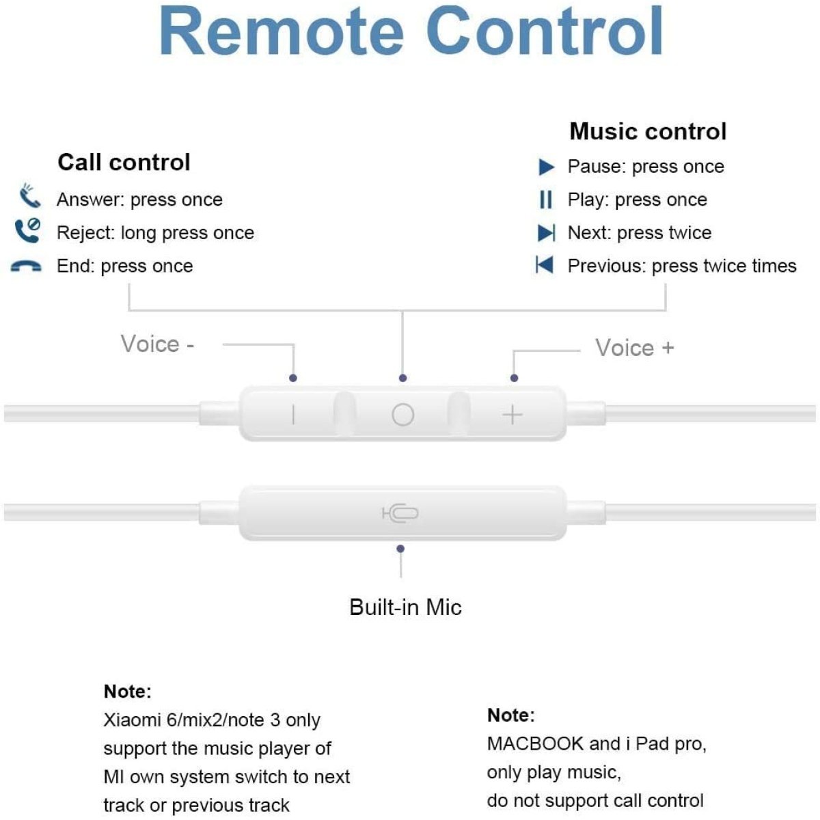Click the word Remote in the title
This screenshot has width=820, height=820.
coord(282,32)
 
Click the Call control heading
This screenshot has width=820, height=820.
coord(124,163)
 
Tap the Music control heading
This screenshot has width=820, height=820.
coord(648,131)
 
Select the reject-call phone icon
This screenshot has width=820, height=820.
coord(27,230)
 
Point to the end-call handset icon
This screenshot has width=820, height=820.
coord(26,266)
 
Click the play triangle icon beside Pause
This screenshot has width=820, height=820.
coord(546,167)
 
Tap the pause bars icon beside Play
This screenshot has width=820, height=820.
coord(545,200)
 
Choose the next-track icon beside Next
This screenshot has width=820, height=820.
coord(546,233)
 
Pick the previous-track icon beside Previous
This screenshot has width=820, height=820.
coord(545,265)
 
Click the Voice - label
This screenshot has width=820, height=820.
coord(158,344)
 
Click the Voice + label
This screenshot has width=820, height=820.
coord(634,348)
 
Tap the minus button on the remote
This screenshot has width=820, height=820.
coord(293,414)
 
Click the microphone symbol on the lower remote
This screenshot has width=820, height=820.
coord(400,514)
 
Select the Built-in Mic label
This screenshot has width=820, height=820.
coord(405,607)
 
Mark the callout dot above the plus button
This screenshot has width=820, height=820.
coord(514,378)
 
